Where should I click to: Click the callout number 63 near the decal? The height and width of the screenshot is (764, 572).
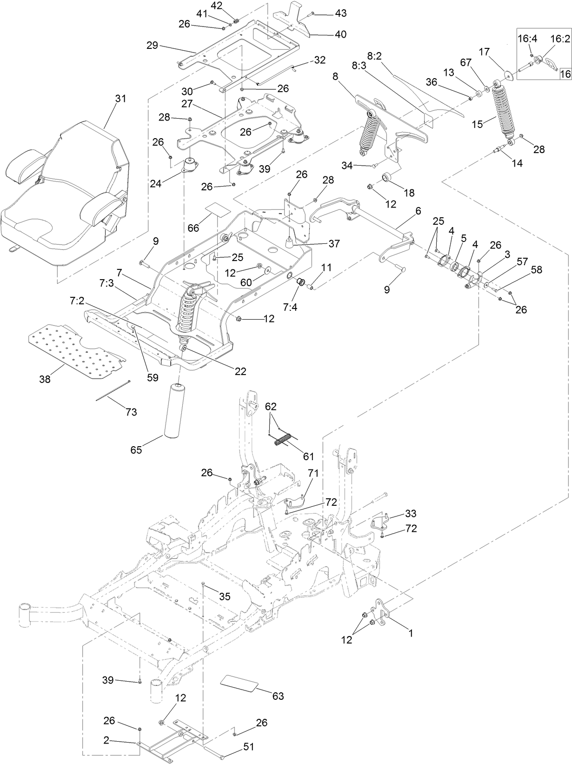point(278,696)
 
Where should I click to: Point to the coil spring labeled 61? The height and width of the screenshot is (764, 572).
point(283,439)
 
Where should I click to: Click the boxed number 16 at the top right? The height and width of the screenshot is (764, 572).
point(565,74)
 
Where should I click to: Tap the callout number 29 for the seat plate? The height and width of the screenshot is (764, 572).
point(152,45)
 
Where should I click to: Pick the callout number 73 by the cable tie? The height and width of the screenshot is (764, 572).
point(132,412)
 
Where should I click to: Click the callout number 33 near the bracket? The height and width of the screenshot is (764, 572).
point(411,514)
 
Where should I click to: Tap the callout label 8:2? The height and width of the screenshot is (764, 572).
point(374,56)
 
